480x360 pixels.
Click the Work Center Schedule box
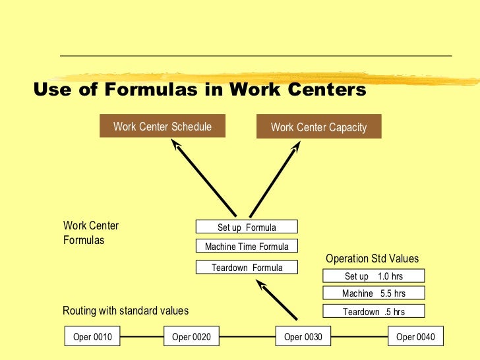[x=162, y=126]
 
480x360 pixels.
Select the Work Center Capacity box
[x=318, y=127]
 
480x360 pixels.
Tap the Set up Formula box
[x=247, y=227]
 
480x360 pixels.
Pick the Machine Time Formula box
[x=247, y=247]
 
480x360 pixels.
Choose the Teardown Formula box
[x=247, y=268]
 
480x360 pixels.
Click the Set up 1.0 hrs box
[x=373, y=276]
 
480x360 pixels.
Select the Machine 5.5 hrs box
[x=373, y=293]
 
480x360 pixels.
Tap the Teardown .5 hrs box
[x=373, y=312]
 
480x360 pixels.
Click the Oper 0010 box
[x=92, y=337]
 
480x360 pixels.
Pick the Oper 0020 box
[x=191, y=337]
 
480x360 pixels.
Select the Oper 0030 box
[x=303, y=337]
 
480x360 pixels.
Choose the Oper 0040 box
[x=415, y=337]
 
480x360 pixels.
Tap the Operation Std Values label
[x=372, y=259]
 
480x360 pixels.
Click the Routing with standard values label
[x=125, y=311]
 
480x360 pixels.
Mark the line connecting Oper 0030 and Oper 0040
[x=359, y=337]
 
